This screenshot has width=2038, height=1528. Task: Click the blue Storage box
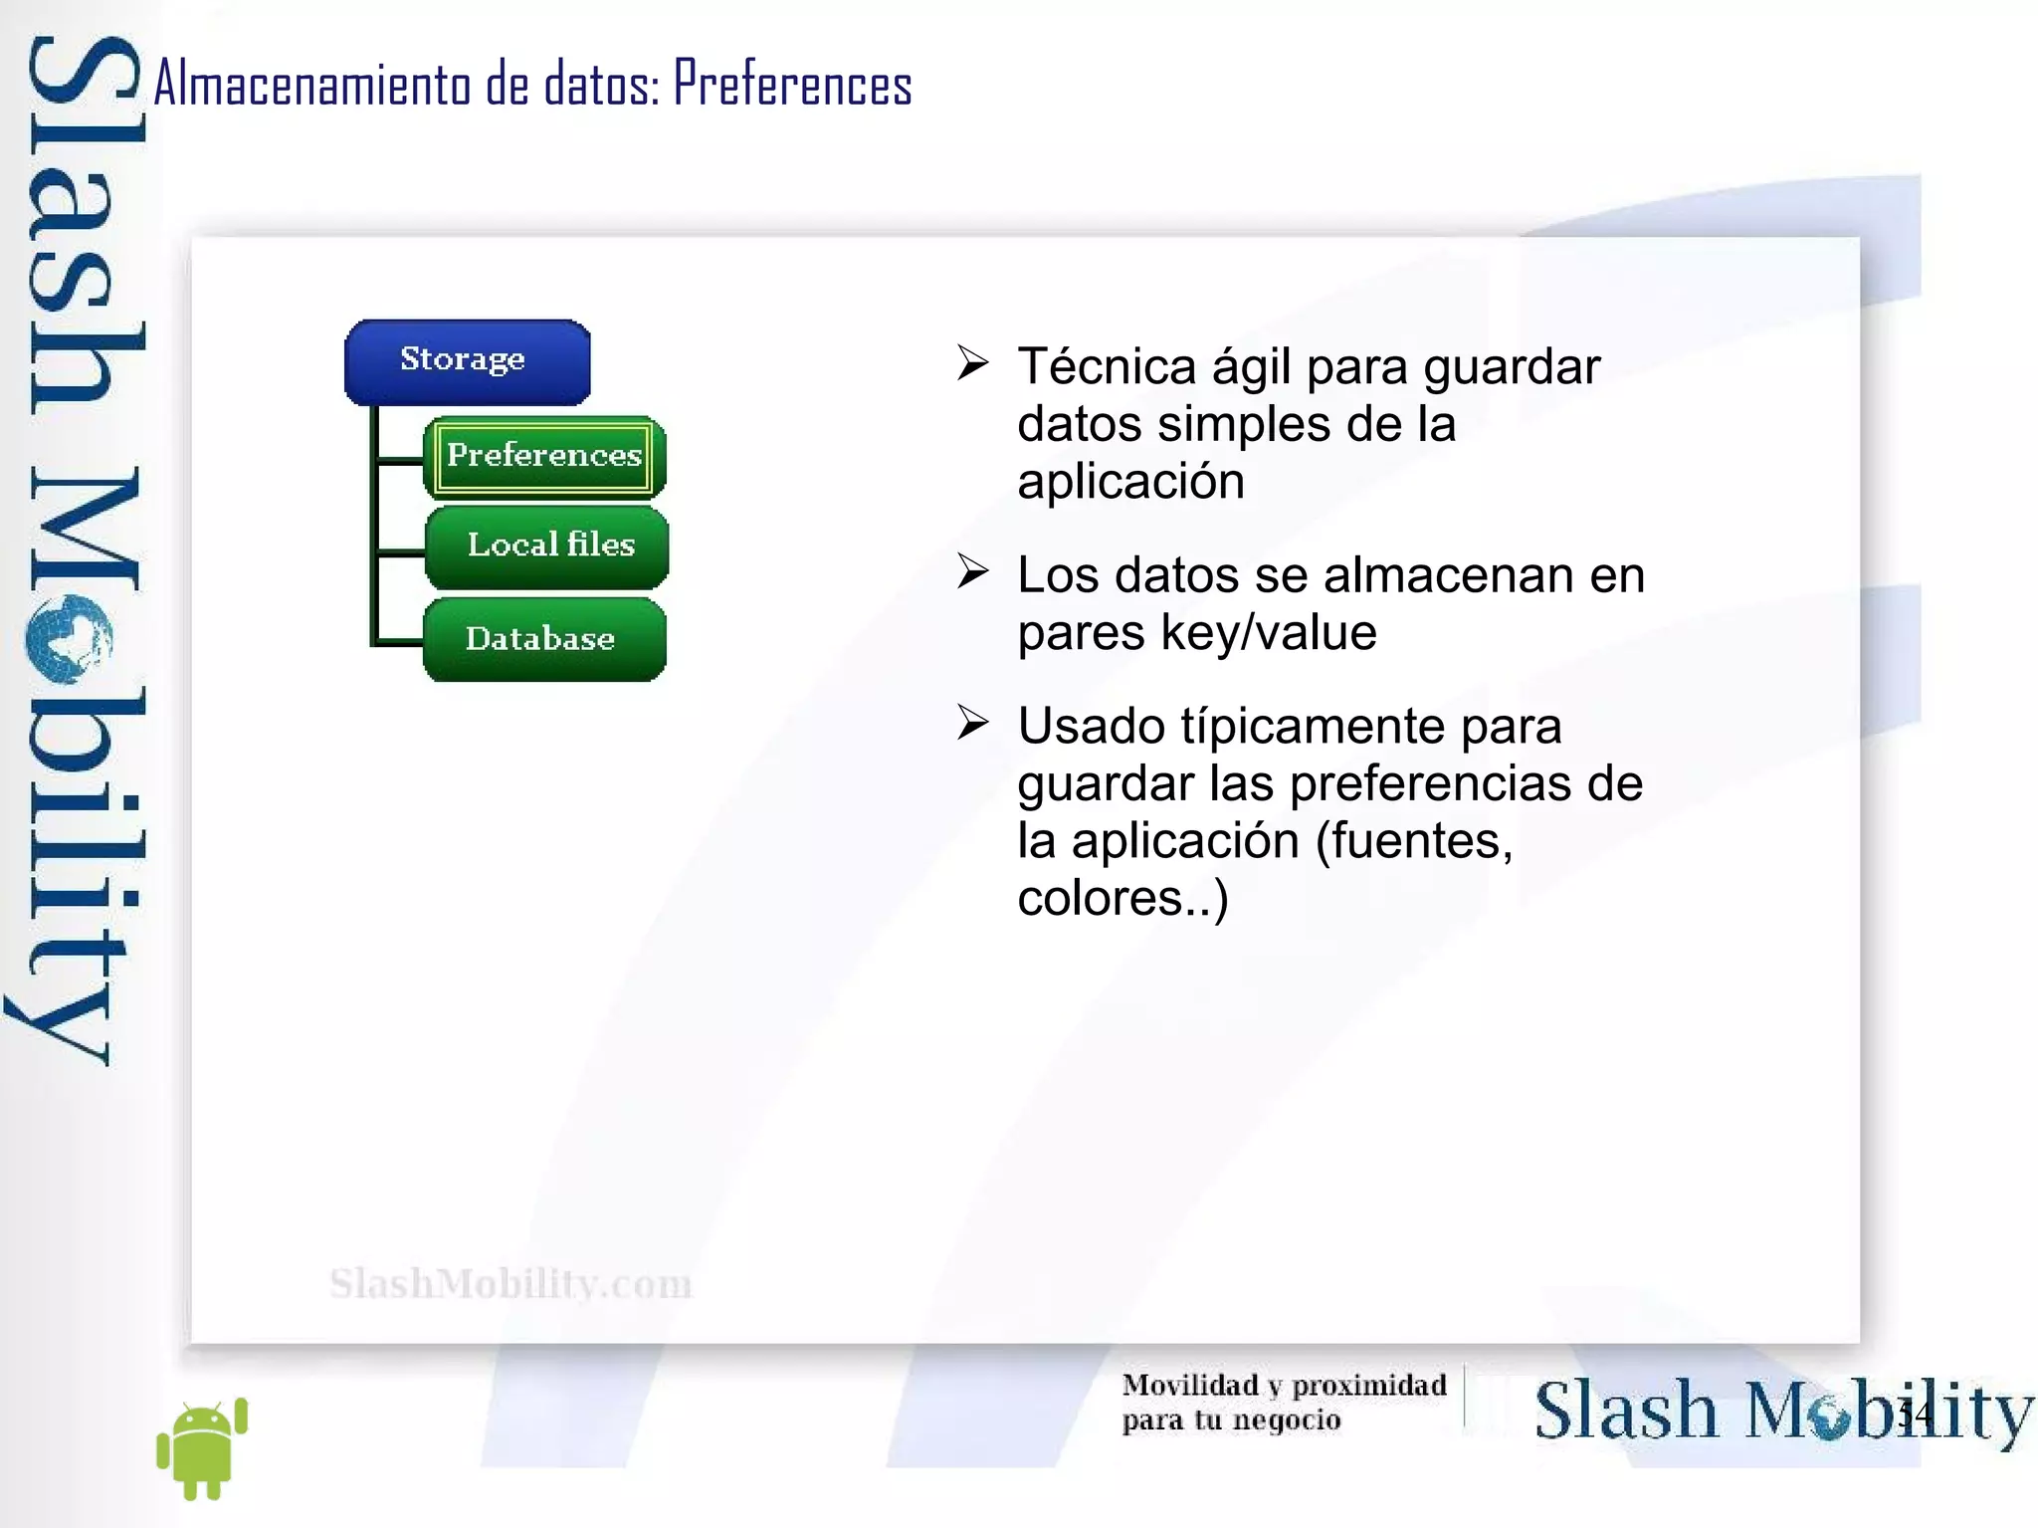tap(467, 361)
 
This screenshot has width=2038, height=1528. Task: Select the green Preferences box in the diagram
tap(544, 457)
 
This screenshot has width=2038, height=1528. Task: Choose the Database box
tap(543, 639)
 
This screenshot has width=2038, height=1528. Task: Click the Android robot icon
tap(202, 1448)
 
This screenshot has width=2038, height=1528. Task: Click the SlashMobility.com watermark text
tap(510, 1284)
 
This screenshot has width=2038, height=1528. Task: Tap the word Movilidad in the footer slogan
tap(1190, 1385)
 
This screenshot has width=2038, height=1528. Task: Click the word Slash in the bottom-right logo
tap(1625, 1411)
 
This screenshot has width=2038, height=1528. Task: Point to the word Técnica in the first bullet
tap(1107, 366)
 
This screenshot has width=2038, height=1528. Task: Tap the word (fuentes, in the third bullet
tap(1414, 841)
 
